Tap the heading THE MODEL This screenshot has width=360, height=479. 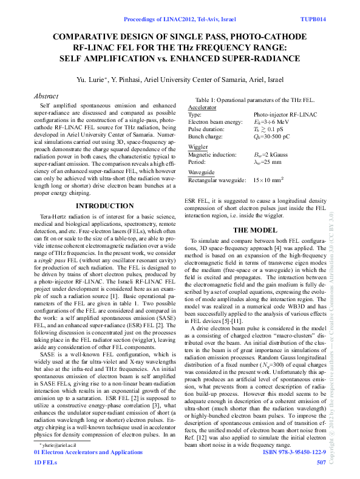click(x=255, y=231)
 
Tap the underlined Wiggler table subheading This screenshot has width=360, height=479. click(x=198, y=147)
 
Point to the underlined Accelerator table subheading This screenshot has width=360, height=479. click(x=203, y=107)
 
